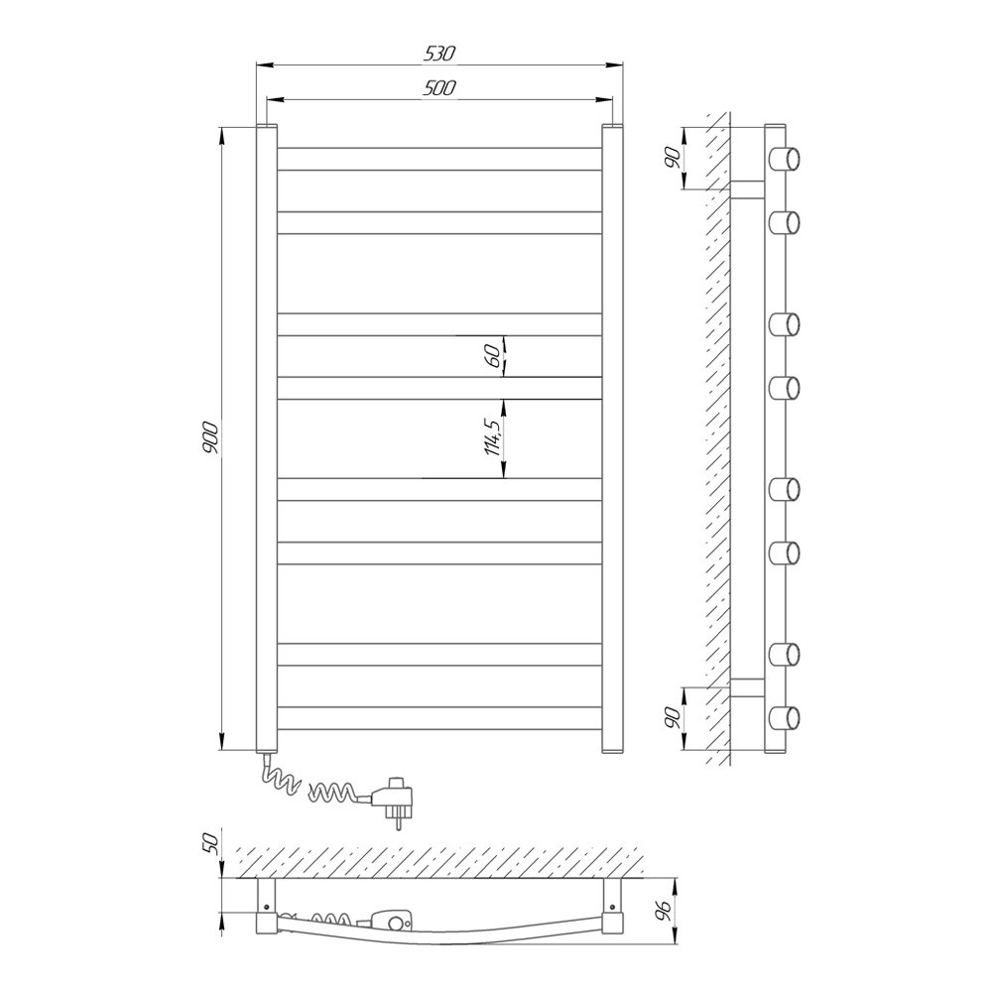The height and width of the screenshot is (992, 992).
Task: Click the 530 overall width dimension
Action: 439,54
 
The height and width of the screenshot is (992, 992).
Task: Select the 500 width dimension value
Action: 439,88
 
